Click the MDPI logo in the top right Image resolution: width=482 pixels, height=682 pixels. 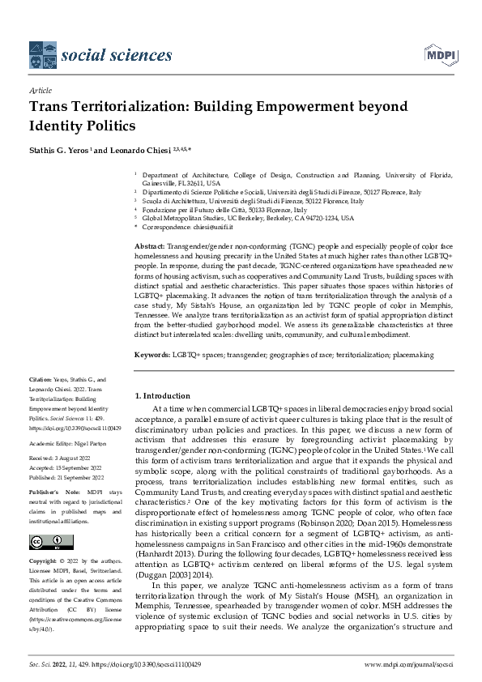[x=437, y=54]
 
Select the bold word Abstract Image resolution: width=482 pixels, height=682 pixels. [x=149, y=245]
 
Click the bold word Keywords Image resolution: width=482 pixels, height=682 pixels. [x=151, y=355]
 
